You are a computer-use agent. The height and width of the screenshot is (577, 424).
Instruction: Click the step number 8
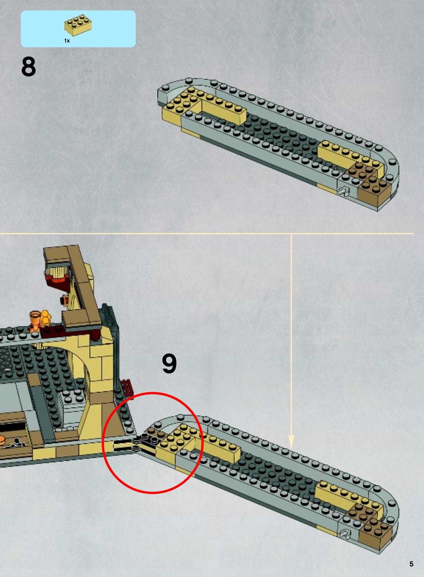point(29,67)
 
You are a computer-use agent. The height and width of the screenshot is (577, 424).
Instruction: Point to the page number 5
point(411,564)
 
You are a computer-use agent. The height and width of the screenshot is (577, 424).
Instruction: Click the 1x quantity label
point(67,41)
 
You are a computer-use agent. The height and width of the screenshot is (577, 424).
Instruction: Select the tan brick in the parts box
point(78,25)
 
